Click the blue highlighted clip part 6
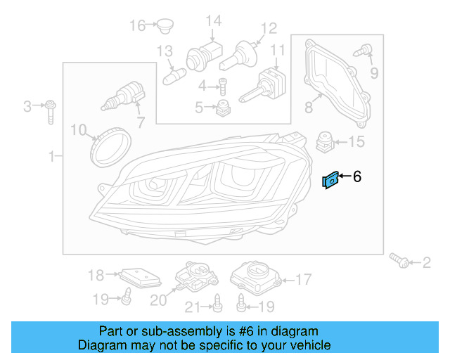click(329, 181)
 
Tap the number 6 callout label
click(356, 176)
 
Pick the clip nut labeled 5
click(224, 108)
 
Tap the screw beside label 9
click(366, 51)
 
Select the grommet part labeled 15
click(326, 141)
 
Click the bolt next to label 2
click(401, 262)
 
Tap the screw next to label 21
click(217, 303)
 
